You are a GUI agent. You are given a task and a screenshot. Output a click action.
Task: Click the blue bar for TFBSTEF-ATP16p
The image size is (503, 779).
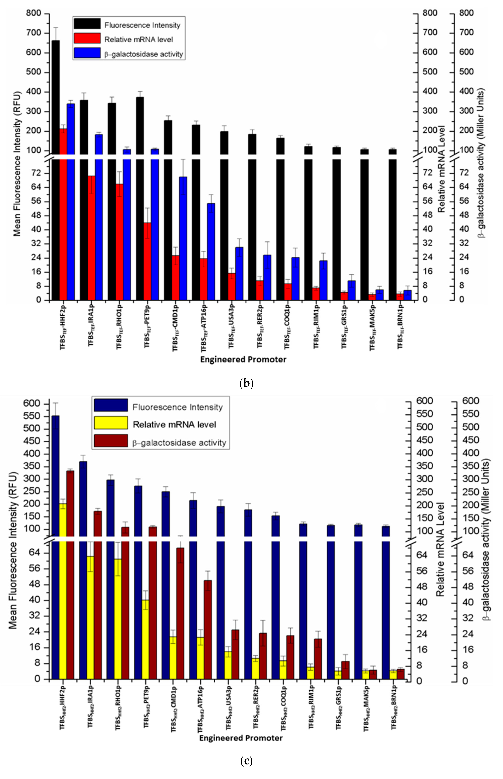pos(211,251)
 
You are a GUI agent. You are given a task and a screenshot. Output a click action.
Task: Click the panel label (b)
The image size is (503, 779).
pos(246,383)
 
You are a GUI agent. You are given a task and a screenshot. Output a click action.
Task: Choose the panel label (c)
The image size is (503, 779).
pos(246,761)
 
